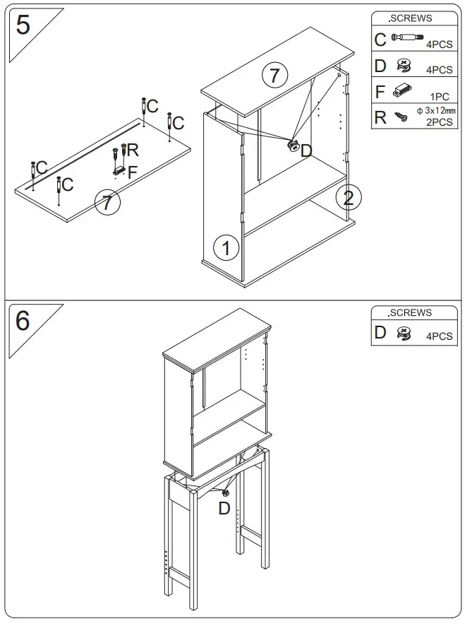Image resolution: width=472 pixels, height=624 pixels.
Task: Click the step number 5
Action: tap(23, 25)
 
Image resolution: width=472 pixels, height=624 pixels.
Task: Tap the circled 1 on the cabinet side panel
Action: tap(226, 248)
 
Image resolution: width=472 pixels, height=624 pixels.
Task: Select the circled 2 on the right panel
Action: tap(349, 197)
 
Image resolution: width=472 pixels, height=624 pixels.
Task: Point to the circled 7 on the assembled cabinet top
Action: tap(274, 75)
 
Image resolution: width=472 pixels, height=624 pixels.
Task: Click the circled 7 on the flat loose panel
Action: tap(107, 204)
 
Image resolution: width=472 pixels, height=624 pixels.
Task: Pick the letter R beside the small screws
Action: tap(133, 150)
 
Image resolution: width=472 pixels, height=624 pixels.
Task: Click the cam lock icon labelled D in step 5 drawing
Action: tap(293, 146)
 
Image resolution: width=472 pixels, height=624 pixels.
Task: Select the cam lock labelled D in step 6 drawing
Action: tap(226, 493)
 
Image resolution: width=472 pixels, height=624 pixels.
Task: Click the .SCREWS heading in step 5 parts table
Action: tap(411, 18)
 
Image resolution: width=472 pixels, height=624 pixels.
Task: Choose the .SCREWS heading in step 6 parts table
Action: tap(411, 313)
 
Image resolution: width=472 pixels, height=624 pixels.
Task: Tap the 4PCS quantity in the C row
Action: tap(440, 44)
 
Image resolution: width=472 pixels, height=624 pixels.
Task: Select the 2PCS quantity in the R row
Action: tap(440, 122)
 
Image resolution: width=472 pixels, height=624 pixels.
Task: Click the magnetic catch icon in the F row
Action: tap(403, 90)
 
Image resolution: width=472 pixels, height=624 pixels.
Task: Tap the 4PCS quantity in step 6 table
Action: tap(440, 336)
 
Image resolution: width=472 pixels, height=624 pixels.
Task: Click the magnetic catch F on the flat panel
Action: tap(118, 170)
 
